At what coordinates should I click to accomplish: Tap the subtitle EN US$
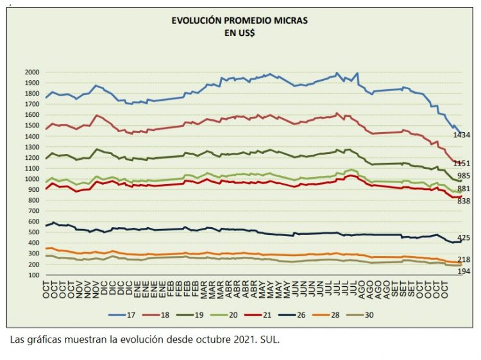[x=240, y=33]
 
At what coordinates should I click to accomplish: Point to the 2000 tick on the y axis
[x=31, y=73]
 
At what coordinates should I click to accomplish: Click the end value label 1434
[x=462, y=135]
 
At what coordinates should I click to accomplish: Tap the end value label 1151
[x=462, y=164]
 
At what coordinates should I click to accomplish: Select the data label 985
[x=463, y=176]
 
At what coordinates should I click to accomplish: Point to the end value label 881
[x=463, y=189]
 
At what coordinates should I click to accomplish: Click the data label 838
[x=463, y=201]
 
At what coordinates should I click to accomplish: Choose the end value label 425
[x=463, y=238]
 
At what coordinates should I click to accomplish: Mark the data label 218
[x=463, y=259]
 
